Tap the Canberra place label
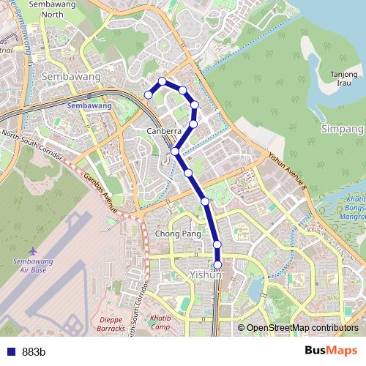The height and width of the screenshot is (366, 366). point(163,131)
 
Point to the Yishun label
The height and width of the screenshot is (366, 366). point(205,274)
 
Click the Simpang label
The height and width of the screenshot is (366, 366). point(342,128)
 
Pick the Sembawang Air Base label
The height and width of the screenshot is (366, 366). point(32,265)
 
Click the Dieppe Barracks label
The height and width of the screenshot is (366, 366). point(111,324)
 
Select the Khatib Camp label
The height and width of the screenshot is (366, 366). point(160,324)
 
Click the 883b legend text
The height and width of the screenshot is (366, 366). point(34,351)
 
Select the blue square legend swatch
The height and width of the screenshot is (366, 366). point(10,351)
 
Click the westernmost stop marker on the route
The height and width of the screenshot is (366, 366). point(149,94)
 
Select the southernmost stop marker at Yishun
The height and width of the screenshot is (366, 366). point(217,265)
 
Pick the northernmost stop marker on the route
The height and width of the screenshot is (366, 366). point(163,81)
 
